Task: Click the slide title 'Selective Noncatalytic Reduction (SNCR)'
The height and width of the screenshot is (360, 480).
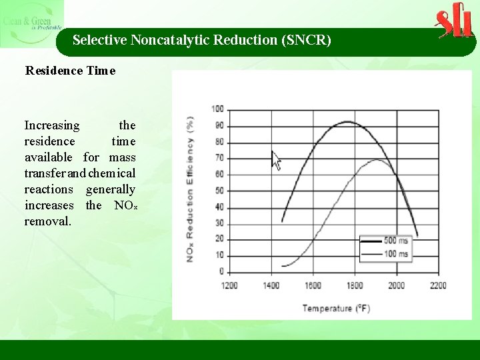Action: (x=201, y=40)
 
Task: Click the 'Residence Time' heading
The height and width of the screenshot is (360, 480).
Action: (x=70, y=70)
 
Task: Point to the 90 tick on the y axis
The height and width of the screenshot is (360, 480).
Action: (x=217, y=126)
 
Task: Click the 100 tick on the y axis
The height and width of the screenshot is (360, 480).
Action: (x=217, y=109)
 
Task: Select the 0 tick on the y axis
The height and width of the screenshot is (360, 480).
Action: (x=221, y=271)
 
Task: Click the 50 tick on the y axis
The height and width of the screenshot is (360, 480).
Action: (x=217, y=191)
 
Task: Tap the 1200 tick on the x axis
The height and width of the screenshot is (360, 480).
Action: (x=229, y=285)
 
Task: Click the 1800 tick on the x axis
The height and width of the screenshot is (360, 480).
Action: (x=354, y=285)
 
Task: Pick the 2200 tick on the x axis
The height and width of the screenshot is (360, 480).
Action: (x=437, y=285)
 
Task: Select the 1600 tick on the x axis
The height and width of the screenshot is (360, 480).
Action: (x=313, y=285)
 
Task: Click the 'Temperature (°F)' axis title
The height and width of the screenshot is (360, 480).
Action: (x=336, y=308)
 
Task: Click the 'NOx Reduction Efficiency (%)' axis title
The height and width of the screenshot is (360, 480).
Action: (x=191, y=190)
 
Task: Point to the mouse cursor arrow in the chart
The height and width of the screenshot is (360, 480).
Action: (x=275, y=159)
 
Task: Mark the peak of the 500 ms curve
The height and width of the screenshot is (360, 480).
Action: (x=347, y=121)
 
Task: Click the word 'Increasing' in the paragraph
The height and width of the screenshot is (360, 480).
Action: (x=52, y=125)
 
